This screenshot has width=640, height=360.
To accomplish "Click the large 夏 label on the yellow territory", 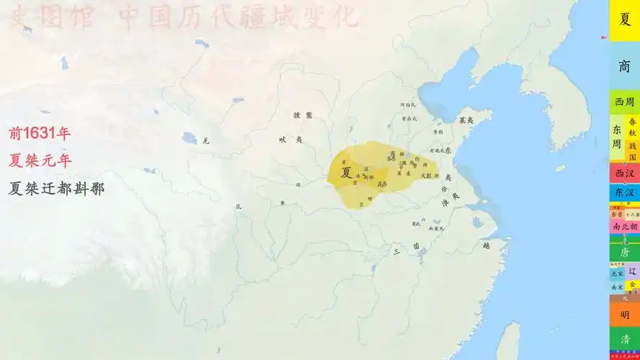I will tap(347, 173).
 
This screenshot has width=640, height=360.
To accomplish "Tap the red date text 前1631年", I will tap(40, 133).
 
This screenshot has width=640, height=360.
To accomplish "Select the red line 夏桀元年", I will tap(40, 161).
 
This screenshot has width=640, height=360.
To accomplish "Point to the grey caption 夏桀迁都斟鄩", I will tap(56, 189).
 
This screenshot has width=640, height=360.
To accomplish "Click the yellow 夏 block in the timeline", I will tap(624, 19).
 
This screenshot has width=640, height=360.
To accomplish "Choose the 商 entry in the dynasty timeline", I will tap(624, 66).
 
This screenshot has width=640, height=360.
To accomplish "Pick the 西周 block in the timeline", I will tap(624, 102).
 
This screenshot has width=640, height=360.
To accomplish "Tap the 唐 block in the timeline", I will tap(624, 253).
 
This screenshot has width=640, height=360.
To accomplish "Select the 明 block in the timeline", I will tap(624, 315).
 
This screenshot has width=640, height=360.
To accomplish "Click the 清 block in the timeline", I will tap(624, 338).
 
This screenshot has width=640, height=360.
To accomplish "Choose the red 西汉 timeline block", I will tap(624, 174).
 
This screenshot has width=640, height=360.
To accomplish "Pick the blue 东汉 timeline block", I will tap(624, 193).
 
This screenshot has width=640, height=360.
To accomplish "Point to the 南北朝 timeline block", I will tap(624, 226).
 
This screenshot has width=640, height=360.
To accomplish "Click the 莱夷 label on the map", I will tap(466, 120).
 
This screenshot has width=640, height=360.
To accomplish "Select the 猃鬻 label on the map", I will tap(303, 115).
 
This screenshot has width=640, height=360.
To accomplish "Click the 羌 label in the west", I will tap(205, 140).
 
